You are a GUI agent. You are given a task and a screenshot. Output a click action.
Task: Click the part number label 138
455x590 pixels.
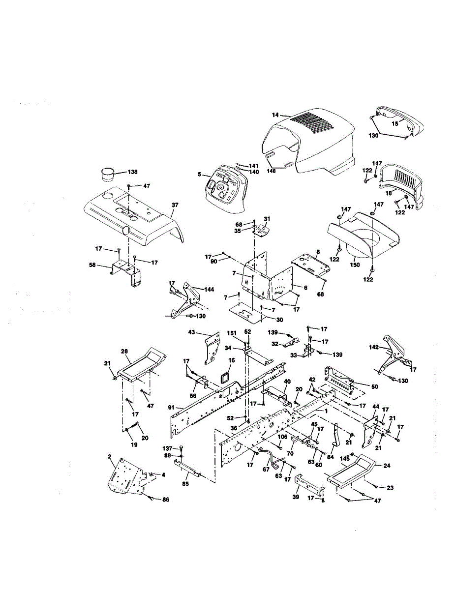pyautogui.click(x=132, y=172)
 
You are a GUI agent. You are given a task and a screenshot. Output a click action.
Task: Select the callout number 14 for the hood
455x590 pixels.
pyautogui.click(x=275, y=115)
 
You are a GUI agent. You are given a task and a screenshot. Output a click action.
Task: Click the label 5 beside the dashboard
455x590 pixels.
pyautogui.click(x=200, y=174)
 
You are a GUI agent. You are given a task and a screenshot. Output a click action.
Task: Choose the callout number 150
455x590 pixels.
pyautogui.click(x=355, y=265)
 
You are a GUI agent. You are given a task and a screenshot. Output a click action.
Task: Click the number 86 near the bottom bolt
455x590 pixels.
pyautogui.click(x=165, y=500)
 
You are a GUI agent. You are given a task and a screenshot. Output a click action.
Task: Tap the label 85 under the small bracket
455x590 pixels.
pyautogui.click(x=186, y=484)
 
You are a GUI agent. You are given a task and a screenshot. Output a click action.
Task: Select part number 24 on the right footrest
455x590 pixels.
pyautogui.click(x=387, y=466)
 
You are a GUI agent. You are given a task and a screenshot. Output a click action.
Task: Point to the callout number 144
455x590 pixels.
pyautogui.click(x=209, y=290)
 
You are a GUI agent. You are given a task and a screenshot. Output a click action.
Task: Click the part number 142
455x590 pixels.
pyautogui.click(x=374, y=347)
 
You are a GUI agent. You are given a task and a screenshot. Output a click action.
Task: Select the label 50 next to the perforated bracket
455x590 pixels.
pyautogui.click(x=374, y=386)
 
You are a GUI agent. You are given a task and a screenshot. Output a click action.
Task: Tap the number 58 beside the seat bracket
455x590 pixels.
pyautogui.click(x=92, y=265)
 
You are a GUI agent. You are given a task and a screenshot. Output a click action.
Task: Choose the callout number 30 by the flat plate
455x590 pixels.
pyautogui.click(x=279, y=320)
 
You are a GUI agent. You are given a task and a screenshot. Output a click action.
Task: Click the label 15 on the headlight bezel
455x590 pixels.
pyautogui.click(x=395, y=123)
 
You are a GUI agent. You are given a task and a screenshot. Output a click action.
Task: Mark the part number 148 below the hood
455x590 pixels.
pyautogui.click(x=271, y=171)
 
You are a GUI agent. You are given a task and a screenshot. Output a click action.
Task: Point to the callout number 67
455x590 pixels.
pyautogui.click(x=266, y=470)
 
